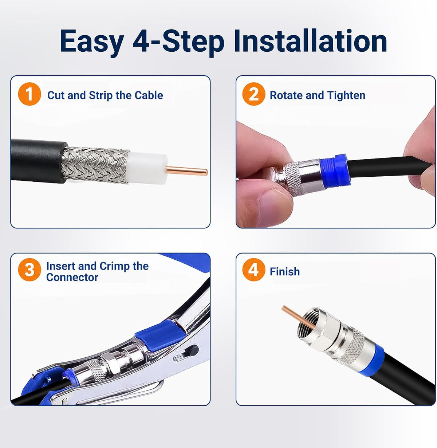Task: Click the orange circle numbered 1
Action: click(x=29, y=94)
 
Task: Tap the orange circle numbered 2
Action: click(x=253, y=94)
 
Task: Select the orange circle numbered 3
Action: click(x=29, y=270)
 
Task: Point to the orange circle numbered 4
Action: click(x=253, y=270)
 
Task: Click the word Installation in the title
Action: click(x=310, y=42)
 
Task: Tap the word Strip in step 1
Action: click(x=101, y=95)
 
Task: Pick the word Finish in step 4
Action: click(x=285, y=272)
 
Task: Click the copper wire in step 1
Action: click(x=186, y=171)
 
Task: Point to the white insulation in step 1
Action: click(x=147, y=168)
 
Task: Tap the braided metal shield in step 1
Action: click(x=95, y=164)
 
